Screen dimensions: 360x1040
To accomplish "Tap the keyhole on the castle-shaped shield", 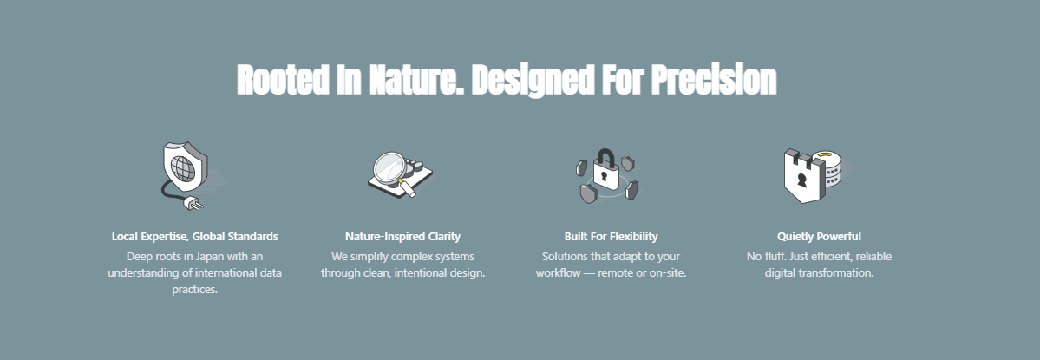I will [x=801, y=180].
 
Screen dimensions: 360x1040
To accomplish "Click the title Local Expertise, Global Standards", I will [x=195, y=236].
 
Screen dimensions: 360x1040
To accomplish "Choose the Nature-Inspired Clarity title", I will [x=402, y=236].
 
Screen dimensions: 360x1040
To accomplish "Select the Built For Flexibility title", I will [x=611, y=236].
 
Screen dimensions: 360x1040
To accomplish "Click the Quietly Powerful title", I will [x=819, y=236].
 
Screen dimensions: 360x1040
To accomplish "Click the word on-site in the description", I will [x=668, y=273].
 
